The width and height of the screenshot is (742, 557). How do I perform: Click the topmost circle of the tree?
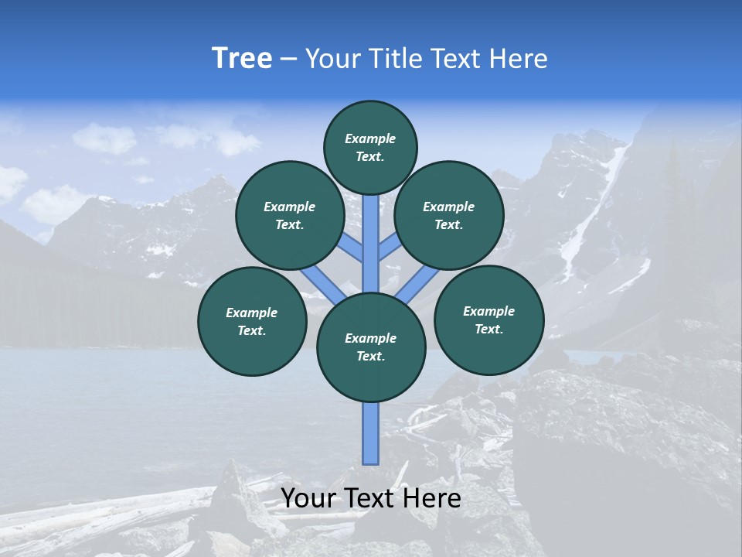pos(370,147)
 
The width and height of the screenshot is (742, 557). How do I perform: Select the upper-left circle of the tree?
pos(289,215)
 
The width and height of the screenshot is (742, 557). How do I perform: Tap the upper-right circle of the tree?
pos(449,215)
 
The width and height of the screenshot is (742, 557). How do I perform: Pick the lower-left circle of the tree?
pos(252,321)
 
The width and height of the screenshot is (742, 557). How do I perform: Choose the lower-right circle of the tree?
pos(489,320)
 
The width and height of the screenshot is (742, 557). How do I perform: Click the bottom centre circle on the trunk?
pos(371,347)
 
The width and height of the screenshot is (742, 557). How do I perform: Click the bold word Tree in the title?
pos(242,59)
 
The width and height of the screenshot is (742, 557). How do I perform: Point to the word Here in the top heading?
pos(517,59)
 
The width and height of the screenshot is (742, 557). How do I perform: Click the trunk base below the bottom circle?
pos(371,433)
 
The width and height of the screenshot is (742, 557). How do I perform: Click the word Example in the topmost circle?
pos(370,138)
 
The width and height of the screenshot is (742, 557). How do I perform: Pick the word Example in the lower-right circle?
pos(488,311)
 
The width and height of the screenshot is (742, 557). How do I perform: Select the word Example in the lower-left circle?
pos(251,313)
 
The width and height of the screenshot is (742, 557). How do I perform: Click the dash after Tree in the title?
pos(288,59)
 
